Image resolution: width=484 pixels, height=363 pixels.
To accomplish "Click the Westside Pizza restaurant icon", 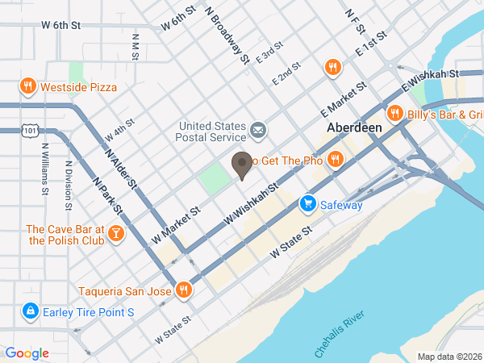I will (27, 86).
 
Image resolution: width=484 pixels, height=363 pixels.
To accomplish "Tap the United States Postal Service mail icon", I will (258, 130).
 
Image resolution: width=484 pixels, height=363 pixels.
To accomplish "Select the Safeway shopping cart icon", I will (307, 205).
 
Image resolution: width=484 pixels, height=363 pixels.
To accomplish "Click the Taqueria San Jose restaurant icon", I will (184, 290).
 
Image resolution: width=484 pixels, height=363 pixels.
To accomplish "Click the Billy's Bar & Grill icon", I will (394, 113).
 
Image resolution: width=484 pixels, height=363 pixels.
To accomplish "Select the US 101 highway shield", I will (30, 130).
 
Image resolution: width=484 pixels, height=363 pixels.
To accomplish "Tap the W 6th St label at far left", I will (61, 26).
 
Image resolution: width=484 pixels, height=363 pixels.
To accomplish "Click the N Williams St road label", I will (45, 169).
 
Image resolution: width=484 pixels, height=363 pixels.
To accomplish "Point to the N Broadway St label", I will (227, 35).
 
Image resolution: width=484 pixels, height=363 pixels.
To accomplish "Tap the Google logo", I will (27, 353).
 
